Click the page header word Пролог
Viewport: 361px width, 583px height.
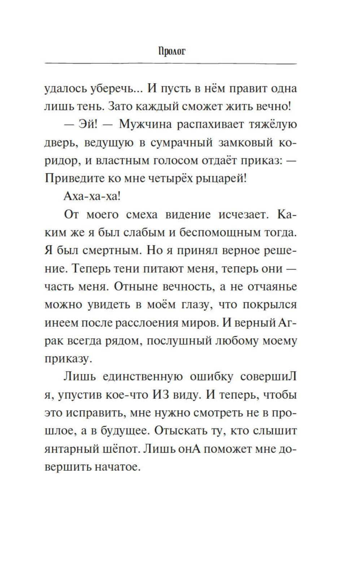171,51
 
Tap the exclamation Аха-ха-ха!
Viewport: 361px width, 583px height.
92,197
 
